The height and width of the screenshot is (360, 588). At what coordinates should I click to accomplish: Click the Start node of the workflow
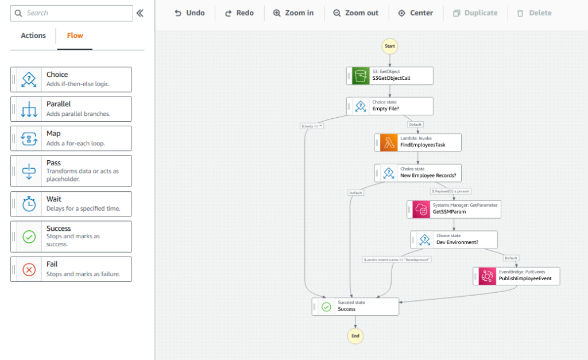tap(389, 45)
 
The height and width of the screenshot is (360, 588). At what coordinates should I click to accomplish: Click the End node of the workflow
tap(355, 335)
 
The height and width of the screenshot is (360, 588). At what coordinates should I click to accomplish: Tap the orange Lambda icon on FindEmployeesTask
tap(389, 142)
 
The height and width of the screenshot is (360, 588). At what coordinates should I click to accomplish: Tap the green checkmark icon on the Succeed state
tap(326, 307)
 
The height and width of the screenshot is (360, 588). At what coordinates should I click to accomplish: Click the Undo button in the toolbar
tap(189, 13)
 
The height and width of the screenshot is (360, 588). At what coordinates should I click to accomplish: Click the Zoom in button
tap(293, 13)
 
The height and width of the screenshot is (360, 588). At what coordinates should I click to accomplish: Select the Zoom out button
tap(355, 13)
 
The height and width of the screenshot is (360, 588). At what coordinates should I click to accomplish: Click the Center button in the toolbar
tap(416, 13)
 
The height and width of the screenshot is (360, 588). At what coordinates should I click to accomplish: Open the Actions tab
tap(33, 36)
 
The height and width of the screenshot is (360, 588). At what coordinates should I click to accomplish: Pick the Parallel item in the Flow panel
tap(71, 109)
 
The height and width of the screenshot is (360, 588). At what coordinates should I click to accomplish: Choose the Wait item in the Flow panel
tap(71, 204)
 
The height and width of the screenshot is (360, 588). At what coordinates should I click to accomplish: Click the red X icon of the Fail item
tap(29, 269)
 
